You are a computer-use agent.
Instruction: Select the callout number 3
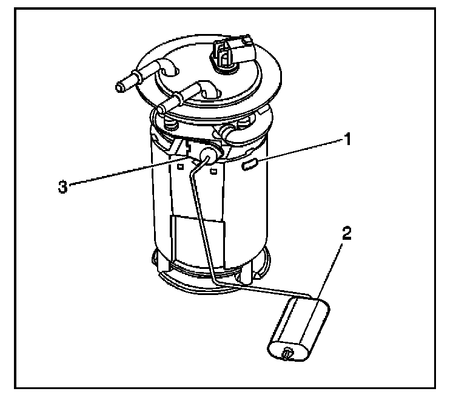click(62, 187)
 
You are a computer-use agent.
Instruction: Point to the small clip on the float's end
click(287, 353)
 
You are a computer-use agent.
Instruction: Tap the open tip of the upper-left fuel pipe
click(119, 86)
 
